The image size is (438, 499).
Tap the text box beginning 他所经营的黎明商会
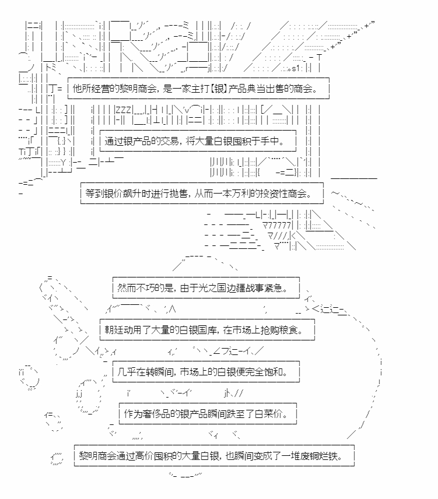pos(198,88)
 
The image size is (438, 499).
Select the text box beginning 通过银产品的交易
pos(198,140)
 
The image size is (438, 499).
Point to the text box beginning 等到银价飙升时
pos(202,193)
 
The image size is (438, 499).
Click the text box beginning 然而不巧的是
pos(206,288)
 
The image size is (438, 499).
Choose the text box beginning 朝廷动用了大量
pos(207,330)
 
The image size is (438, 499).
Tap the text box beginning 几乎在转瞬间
pos(206,372)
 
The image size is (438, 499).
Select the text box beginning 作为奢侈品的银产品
pos(208,414)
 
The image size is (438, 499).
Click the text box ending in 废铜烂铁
pos(214,456)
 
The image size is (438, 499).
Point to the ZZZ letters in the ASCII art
pos(123,110)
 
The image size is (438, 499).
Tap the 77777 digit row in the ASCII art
pos(276,226)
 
